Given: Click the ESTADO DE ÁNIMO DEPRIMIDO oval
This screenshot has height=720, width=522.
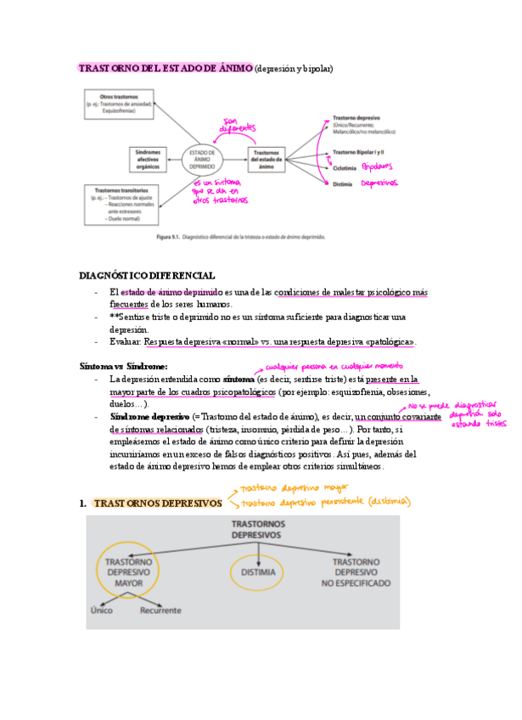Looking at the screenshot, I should click(x=203, y=159).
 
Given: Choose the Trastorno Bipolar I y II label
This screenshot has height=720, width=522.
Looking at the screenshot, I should click(x=365, y=152).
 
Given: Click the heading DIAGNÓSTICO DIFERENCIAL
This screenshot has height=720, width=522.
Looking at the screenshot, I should click(x=147, y=275).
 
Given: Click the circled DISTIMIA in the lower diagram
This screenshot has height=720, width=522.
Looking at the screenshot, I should click(x=258, y=573).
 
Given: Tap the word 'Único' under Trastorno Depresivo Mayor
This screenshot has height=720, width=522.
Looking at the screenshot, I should click(x=104, y=610).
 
